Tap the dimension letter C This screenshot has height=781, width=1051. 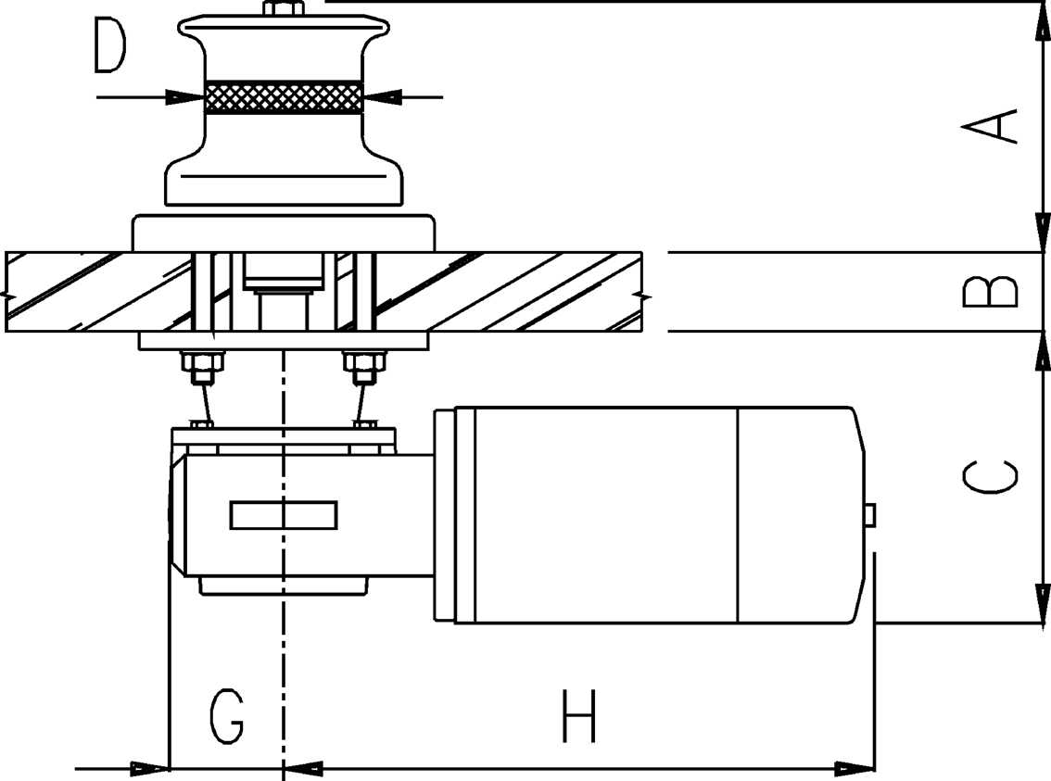[990, 476]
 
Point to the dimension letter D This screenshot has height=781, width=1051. [109, 47]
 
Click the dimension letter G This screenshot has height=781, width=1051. [225, 716]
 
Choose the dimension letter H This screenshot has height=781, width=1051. [579, 716]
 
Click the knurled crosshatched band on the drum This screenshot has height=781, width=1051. [284, 96]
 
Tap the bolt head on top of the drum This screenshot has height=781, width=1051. [284, 9]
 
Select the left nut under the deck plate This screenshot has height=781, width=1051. [201, 367]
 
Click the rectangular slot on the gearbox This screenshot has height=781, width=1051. [284, 514]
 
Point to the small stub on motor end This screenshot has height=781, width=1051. [870, 515]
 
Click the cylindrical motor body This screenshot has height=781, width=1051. [649, 514]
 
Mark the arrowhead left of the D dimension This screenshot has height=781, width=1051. [185, 96]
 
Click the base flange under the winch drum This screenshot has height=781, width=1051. [284, 233]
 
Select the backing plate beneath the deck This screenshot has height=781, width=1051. [284, 341]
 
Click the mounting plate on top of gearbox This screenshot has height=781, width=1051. [284, 437]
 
